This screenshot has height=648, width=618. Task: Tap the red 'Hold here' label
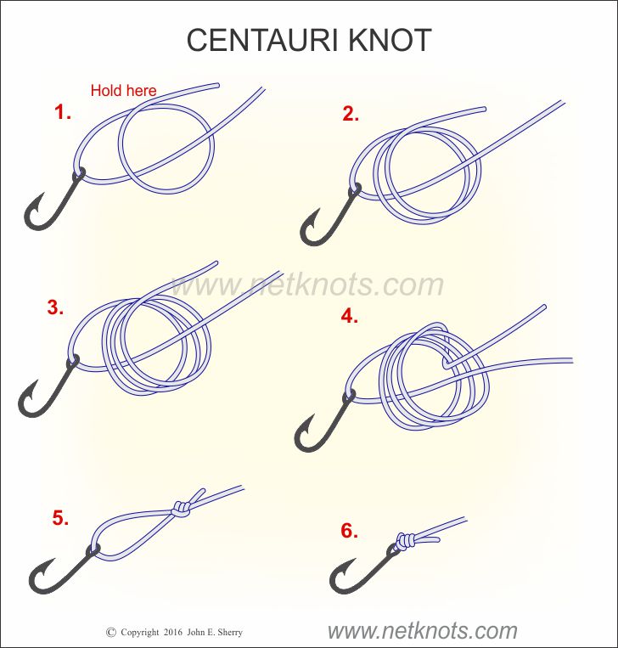coord(124,91)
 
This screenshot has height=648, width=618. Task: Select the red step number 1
coord(62,112)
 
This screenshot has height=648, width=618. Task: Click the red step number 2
coord(351,114)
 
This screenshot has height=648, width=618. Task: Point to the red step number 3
coord(55,307)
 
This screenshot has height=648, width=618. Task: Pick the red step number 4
coord(350,316)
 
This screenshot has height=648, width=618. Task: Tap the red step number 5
coord(60,518)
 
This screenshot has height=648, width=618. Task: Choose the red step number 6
coord(350,531)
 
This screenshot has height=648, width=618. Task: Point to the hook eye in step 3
coord(73,361)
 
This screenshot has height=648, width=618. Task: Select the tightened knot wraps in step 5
coord(182,510)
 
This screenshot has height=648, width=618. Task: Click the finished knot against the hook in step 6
coord(406,541)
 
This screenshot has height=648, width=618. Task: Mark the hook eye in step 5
coord(93,550)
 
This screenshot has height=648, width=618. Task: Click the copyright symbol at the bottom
coord(110,632)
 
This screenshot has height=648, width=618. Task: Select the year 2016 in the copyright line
coord(172,633)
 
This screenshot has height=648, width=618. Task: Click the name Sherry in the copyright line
coord(230,633)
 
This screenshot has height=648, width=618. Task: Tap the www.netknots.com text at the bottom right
coord(422,631)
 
